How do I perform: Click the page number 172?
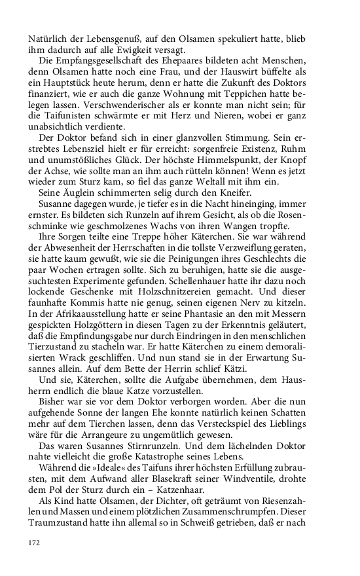[34, 543]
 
